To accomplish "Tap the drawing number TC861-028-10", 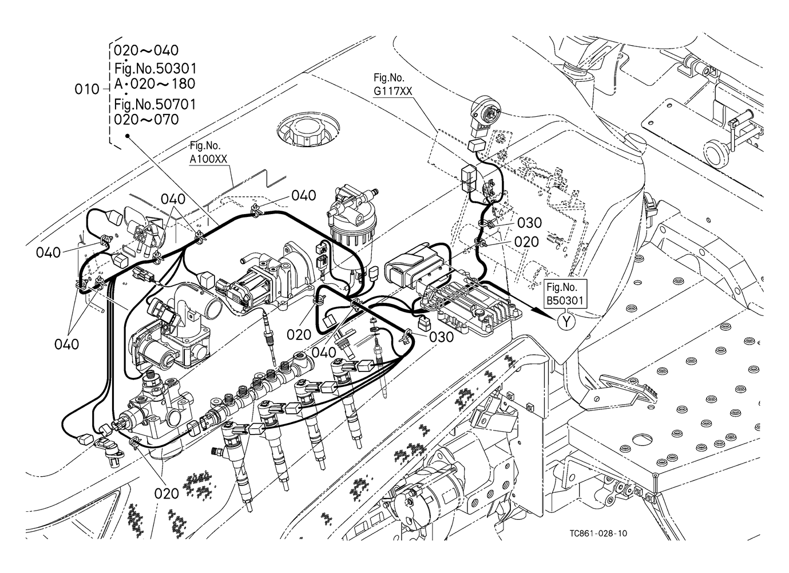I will tap(597, 534).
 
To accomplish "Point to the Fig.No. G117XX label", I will tap(392, 84).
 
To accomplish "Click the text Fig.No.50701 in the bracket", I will tap(154, 104).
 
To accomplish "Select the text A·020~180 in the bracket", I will tap(154, 84).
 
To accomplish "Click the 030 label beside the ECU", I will tap(441, 337).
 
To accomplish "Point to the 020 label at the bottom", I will tap(166, 492).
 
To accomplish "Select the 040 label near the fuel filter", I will tap(303, 196).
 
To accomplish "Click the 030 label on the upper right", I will tap(529, 223).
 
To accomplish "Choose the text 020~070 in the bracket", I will tap(146, 120).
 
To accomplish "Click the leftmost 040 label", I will tap(48, 252).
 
